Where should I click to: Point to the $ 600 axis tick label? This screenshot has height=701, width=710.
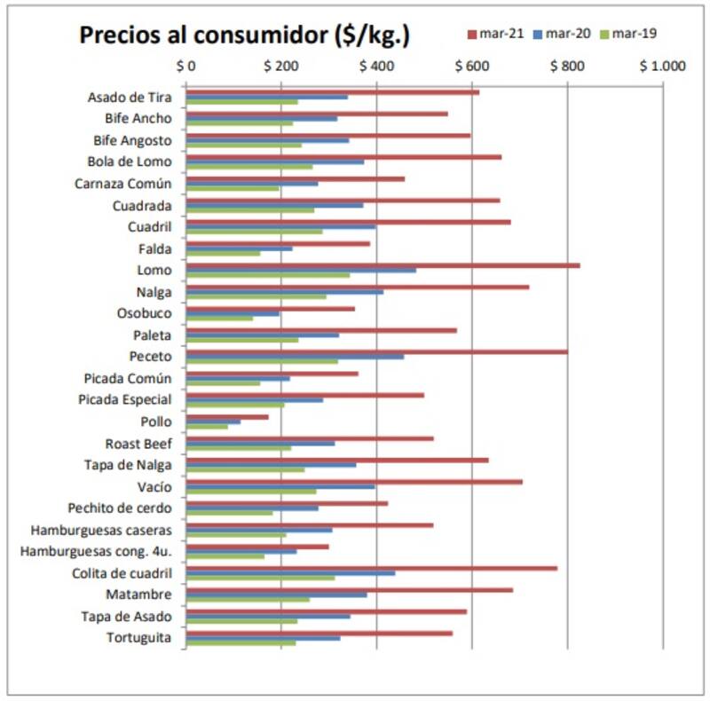(472, 66)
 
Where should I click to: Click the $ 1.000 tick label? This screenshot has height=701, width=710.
(662, 66)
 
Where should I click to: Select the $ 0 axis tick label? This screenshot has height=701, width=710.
(186, 66)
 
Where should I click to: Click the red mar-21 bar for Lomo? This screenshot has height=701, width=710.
(383, 264)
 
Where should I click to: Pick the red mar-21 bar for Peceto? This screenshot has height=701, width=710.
(376, 351)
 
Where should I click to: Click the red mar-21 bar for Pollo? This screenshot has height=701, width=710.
(227, 416)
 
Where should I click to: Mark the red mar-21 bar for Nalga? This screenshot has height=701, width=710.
(358, 287)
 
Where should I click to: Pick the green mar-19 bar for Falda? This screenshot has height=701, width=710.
(223, 253)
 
